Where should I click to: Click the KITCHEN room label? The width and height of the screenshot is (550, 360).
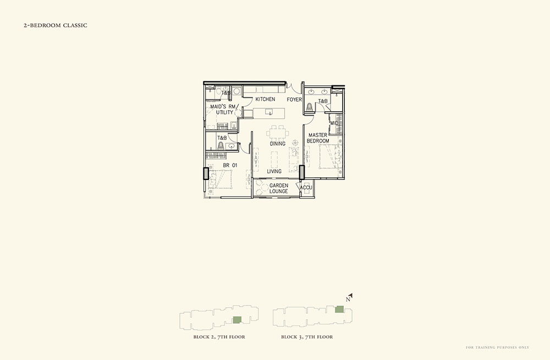point(265,100)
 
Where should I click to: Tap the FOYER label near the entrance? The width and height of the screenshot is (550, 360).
point(294,100)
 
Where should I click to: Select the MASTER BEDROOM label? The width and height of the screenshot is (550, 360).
point(318,138)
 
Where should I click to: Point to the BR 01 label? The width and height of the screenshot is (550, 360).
point(230,165)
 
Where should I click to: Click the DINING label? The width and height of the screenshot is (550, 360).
point(277,144)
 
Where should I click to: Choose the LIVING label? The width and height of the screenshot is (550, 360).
point(274,171)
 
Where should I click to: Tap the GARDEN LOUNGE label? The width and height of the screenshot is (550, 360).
point(278,188)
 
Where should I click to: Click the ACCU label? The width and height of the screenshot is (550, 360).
point(306,188)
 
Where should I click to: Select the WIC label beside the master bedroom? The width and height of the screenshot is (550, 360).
point(334,123)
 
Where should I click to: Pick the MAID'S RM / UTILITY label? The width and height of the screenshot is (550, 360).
point(224,109)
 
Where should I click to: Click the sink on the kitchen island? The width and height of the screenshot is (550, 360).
point(269,112)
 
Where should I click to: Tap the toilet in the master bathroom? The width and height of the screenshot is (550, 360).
point(309,107)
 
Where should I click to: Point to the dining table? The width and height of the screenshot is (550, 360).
point(277,133)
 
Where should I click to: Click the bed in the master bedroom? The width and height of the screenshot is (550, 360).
point(330,157)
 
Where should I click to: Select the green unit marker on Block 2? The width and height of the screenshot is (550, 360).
point(238,320)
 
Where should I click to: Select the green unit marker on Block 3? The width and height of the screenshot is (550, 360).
point(339,309)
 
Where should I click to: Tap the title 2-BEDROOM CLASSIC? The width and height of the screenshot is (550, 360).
point(56,25)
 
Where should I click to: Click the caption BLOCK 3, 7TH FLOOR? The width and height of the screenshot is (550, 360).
point(307,337)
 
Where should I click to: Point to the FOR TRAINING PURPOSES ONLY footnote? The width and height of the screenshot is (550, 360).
point(497,347)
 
